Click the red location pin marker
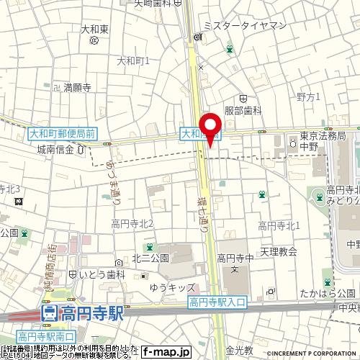[x=210, y=128]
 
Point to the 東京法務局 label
[x=323, y=135]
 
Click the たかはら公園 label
[x=333, y=292]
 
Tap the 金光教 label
[x=239, y=351]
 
